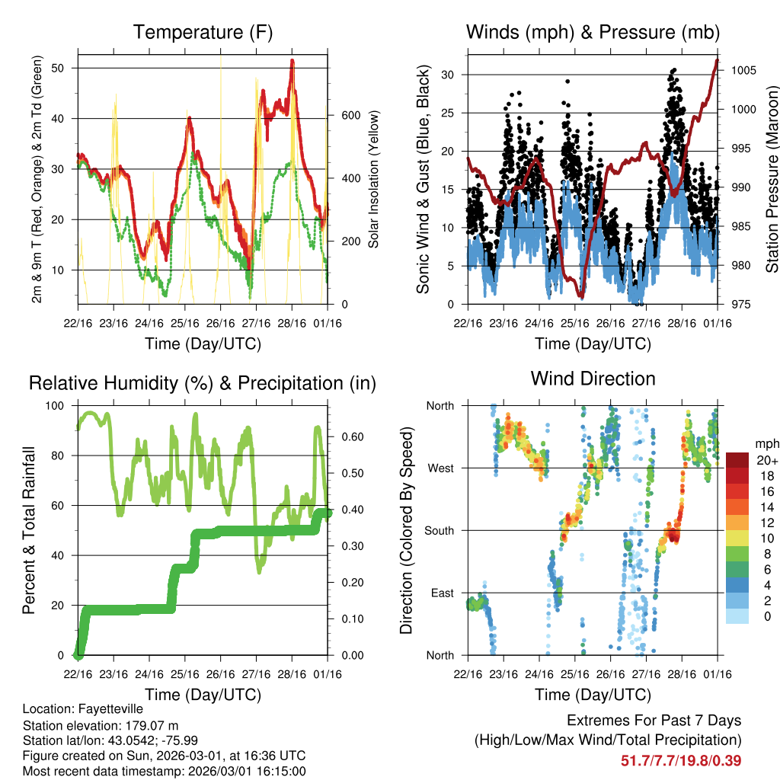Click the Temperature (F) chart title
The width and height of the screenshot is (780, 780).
pos(203,32)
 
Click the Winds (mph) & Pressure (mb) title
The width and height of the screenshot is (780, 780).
pos(593,32)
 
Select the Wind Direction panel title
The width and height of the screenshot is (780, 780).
pos(593,379)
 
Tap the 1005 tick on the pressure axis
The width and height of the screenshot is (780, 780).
pos(743,70)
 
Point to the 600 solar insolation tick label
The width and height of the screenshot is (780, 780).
pos(350,115)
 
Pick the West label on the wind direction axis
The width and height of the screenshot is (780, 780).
pos(440,468)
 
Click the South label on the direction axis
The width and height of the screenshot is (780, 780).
pos(439,530)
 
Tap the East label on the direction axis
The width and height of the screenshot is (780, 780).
pos(442,593)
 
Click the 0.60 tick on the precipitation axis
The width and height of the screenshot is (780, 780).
pos(350,437)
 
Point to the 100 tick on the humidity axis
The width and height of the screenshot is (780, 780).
pos(56,405)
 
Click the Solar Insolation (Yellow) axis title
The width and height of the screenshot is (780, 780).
pos(373,179)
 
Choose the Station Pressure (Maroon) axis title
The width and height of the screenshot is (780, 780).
pos(772,179)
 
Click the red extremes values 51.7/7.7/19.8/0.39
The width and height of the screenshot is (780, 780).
pos(681,760)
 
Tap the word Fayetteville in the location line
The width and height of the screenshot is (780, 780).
pos(111,708)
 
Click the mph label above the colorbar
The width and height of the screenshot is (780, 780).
pos(766,443)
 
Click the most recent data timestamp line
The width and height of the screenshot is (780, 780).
pos(164,772)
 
